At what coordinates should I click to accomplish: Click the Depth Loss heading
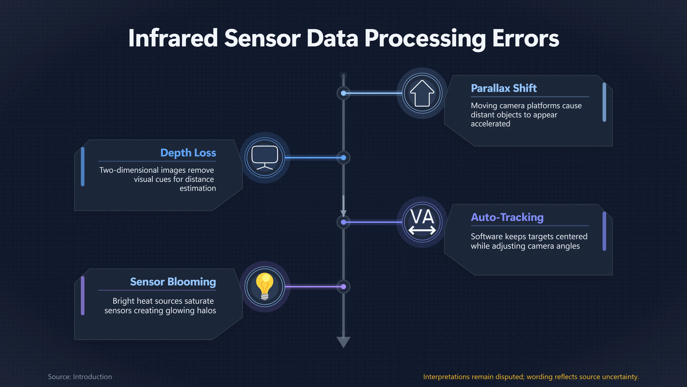point(188,153)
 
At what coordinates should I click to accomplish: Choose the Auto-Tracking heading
point(507,217)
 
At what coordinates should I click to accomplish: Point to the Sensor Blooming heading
point(173,282)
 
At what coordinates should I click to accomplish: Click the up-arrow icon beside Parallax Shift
point(422,93)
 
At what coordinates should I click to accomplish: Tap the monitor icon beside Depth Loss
point(265,158)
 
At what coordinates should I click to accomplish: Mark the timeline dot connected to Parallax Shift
point(343,93)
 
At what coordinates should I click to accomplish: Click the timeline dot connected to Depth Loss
point(343,158)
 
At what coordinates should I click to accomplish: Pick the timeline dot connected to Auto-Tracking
point(343,222)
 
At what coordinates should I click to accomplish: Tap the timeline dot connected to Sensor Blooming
point(343,287)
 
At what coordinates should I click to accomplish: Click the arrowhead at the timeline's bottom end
point(343,342)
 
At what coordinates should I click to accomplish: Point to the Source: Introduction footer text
point(80,377)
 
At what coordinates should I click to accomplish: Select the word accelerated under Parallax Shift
point(490,124)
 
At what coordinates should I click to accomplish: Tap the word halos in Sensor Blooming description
point(206,310)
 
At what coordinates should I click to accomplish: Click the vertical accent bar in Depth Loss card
point(83,167)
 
